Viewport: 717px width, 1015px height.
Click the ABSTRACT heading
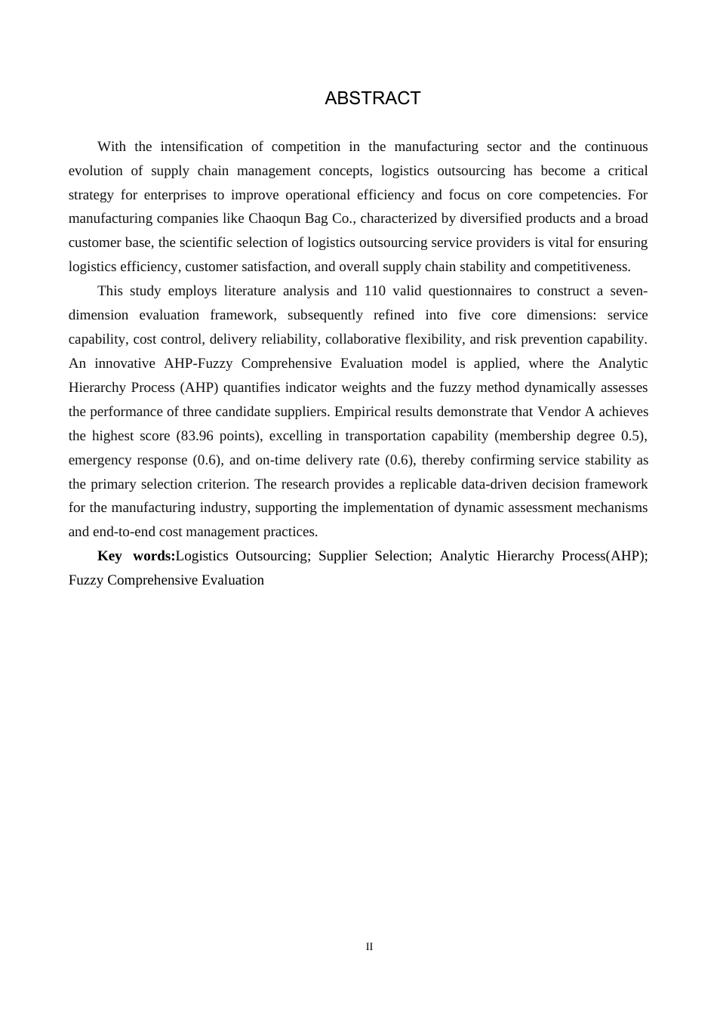[372, 98]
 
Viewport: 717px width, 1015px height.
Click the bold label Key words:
[136, 556]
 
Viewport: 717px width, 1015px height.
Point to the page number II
[369, 946]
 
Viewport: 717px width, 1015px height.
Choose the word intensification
[202, 147]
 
